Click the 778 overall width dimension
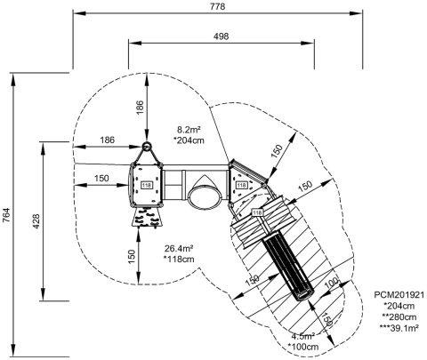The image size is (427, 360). pos(218,7)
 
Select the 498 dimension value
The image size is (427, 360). pos(222,36)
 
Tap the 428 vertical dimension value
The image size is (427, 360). pos(36,221)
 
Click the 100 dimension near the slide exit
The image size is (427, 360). pos(332,284)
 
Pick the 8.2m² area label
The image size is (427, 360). pos(189,130)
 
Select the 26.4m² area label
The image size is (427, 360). pos(179,248)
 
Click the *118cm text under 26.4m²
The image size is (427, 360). pos(179,260)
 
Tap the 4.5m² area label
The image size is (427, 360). pos(302,337)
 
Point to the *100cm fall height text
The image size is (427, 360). pos(303,347)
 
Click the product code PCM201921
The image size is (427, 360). pos(399,295)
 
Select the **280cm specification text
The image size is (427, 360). pos(399,317)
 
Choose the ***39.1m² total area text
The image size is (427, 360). pos(399,328)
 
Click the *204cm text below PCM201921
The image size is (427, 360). pos(399,306)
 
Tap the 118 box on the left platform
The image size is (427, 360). pos(147,186)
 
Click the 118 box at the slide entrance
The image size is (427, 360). pos(257,212)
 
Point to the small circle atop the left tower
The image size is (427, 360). pos(147,146)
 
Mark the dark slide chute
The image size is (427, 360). pos(287,265)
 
